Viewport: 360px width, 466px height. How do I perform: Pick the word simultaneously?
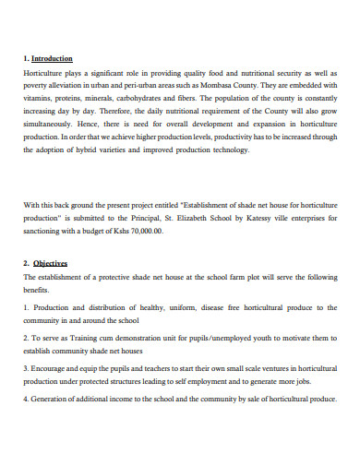click(x=47, y=121)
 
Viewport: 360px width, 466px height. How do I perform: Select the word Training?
click(x=84, y=339)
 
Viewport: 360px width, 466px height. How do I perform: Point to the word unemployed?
click(x=219, y=339)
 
